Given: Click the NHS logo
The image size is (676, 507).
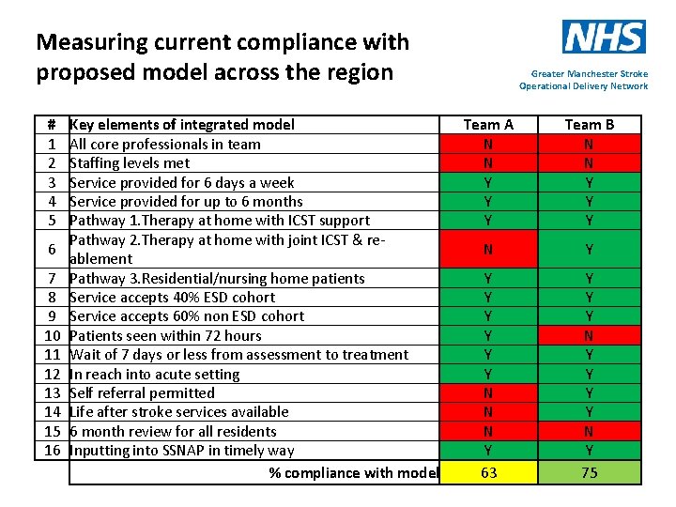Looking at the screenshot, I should click(x=604, y=37).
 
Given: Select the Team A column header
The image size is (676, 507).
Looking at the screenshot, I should click(x=488, y=124).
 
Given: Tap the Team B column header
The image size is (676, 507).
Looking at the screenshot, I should click(x=589, y=124).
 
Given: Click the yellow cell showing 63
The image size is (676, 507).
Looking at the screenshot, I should click(x=488, y=472).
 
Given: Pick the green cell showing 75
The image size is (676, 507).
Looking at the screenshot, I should click(x=589, y=472).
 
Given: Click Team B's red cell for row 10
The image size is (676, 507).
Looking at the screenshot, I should click(x=589, y=335).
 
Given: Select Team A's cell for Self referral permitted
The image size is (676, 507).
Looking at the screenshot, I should click(x=488, y=392).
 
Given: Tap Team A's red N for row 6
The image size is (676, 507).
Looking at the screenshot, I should click(x=488, y=249).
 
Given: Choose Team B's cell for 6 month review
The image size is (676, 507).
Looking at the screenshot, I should click(x=589, y=431).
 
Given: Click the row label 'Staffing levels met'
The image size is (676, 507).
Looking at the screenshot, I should click(x=130, y=162).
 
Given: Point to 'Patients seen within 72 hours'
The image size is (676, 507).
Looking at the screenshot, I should click(x=165, y=335).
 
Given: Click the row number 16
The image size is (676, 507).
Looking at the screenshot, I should click(x=52, y=450).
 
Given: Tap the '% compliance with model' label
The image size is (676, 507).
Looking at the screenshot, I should click(x=353, y=472).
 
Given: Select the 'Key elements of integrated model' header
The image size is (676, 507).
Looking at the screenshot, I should click(x=182, y=124).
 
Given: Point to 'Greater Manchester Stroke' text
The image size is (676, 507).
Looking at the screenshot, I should click(x=589, y=73).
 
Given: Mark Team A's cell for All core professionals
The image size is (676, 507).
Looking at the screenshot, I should click(x=488, y=144).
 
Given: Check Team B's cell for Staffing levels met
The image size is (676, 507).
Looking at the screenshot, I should click(x=589, y=162).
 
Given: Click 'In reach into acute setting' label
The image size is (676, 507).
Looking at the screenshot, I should click(x=155, y=374).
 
